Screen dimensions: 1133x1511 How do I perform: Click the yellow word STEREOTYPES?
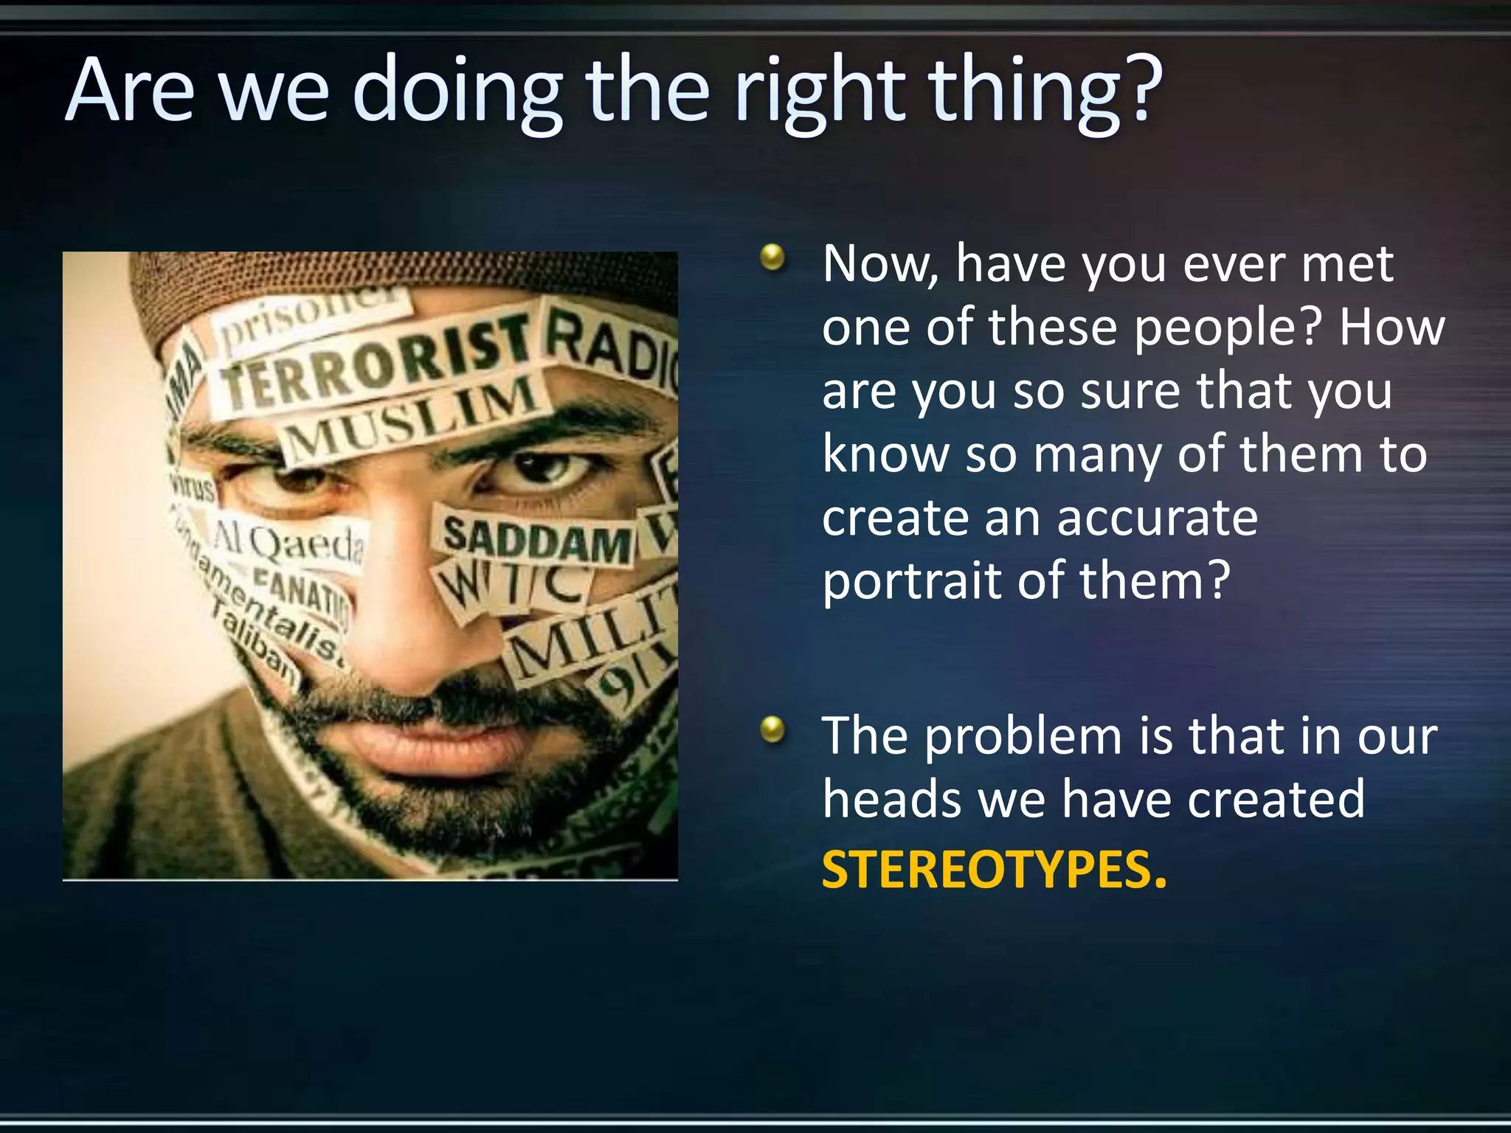994,870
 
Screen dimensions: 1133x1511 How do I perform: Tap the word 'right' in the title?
819,92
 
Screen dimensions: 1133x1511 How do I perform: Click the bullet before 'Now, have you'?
772,257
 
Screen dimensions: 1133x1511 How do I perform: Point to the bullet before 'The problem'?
772,730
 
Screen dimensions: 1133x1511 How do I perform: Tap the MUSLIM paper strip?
413,417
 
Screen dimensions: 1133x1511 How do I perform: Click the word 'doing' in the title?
457,92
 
